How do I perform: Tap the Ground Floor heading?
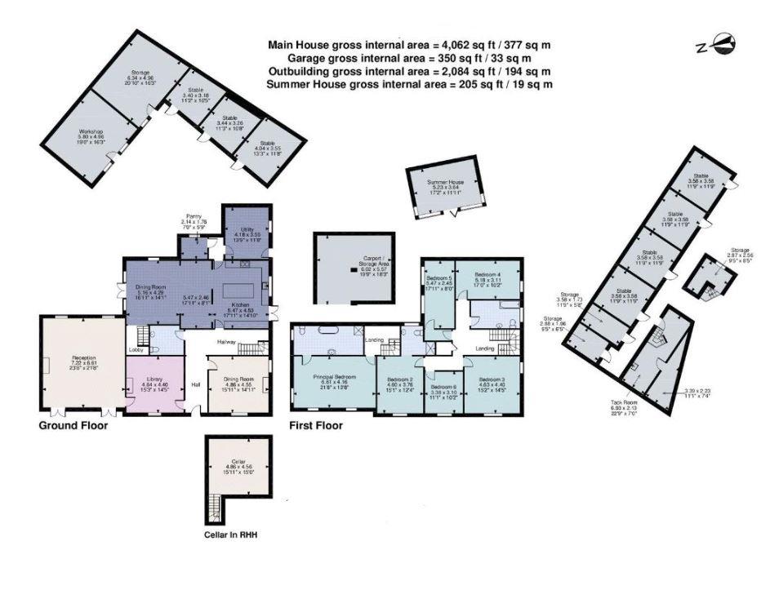(73, 425)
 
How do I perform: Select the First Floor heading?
(316, 425)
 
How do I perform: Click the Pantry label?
(194, 216)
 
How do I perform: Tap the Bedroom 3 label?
(492, 380)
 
